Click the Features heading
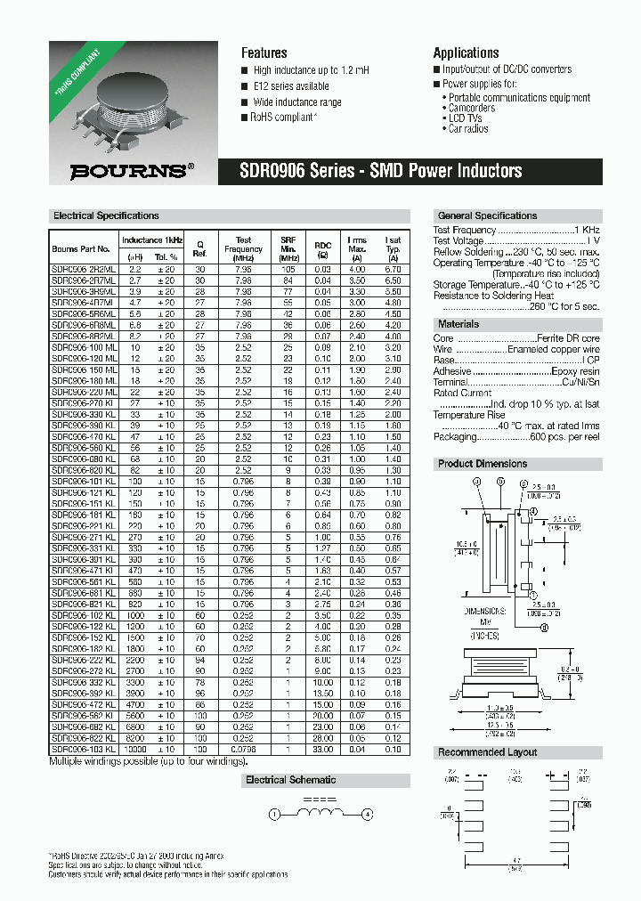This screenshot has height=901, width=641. click(264, 53)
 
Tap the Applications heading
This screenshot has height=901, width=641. click(466, 53)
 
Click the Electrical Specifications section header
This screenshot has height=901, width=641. click(106, 215)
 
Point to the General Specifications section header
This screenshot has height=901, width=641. click(487, 215)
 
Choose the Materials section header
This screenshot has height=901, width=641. click(458, 324)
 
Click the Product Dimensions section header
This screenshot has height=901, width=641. click(483, 464)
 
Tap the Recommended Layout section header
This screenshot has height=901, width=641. click(486, 752)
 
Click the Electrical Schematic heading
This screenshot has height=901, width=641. click(290, 780)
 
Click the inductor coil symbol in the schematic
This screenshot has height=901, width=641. click(320, 814)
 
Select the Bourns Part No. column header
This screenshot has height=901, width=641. click(81, 249)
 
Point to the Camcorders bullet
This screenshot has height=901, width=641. click(472, 108)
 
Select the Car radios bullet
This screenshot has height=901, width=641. click(468, 128)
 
